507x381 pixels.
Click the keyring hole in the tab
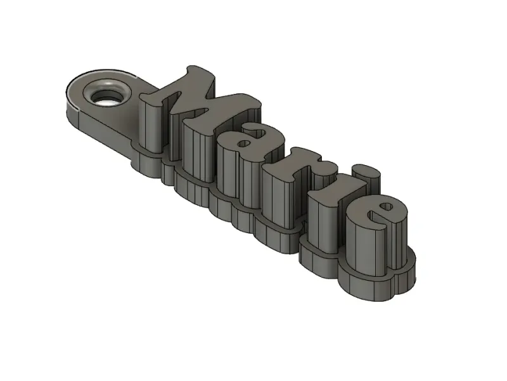(x=106, y=95)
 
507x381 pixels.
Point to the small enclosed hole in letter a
(x=245, y=144)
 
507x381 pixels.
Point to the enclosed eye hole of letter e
(x=387, y=206)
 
